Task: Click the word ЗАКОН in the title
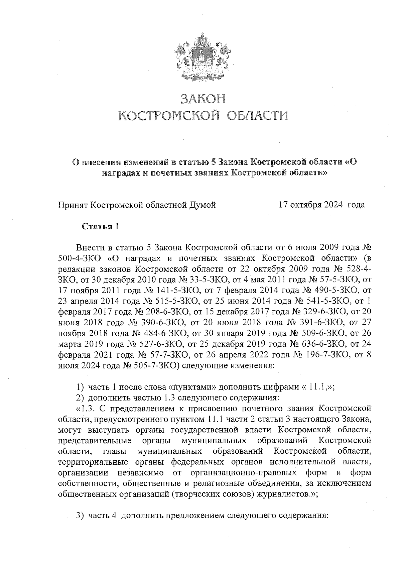203,99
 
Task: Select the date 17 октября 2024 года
322,205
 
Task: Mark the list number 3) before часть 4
80,516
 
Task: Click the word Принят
74,205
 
